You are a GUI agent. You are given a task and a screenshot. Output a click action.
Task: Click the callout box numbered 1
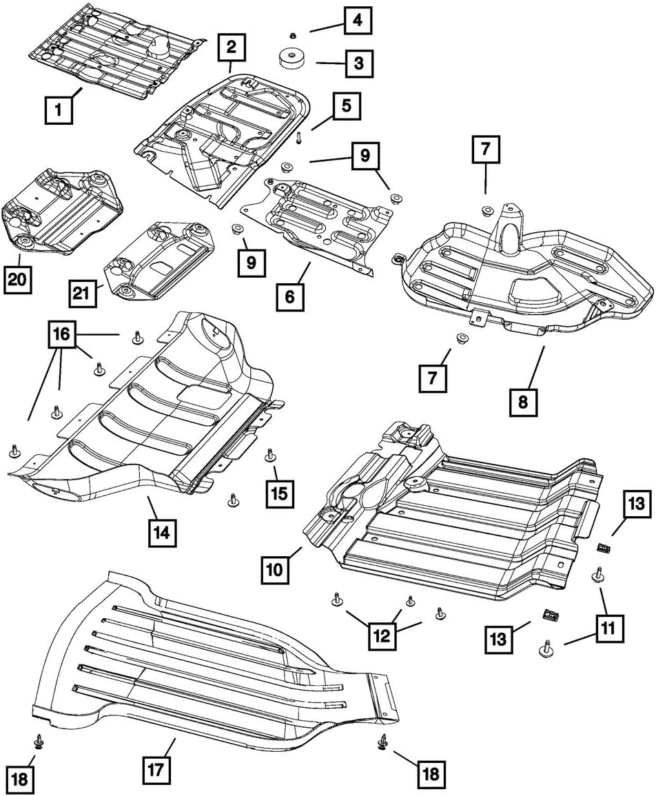pos(59,110)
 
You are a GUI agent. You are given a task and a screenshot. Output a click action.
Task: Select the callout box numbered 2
pos(232,48)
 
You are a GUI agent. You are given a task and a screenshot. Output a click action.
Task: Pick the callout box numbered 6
pos(289,297)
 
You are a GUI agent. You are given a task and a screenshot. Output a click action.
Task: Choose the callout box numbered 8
pos(523,402)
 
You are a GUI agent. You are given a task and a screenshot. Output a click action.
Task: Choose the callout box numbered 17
pos(157,769)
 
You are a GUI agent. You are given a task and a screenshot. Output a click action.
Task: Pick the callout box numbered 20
pos(18,282)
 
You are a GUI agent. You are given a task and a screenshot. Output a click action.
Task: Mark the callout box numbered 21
pos(83,295)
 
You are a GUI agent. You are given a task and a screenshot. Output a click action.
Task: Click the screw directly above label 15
pos(269,456)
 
